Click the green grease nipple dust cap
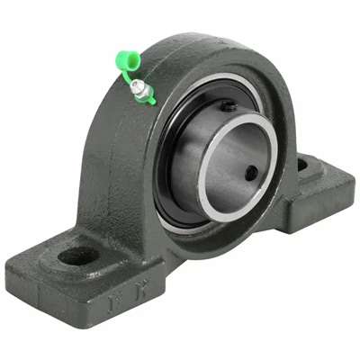[x=127, y=62]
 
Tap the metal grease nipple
[x=137, y=87]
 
